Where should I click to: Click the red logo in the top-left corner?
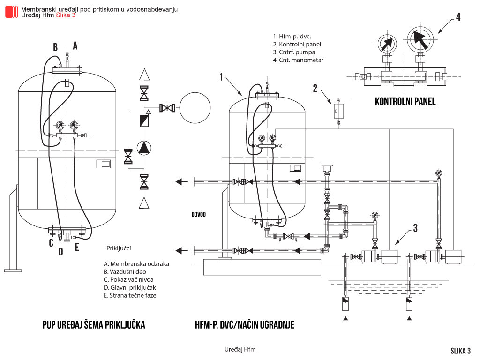point(12,12)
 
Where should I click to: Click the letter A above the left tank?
point(75,45)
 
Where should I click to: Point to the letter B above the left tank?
point(55,47)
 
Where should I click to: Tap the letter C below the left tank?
point(51,243)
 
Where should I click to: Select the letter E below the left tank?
point(77,247)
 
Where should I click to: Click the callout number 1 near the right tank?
point(221,77)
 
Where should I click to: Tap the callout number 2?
point(315,88)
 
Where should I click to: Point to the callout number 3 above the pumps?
point(415,228)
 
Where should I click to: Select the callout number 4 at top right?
point(458,17)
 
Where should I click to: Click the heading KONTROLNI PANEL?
point(405,102)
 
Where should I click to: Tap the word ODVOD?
point(199,215)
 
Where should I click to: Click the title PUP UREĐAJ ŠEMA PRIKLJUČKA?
point(94,324)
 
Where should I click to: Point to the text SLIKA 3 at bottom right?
point(460,351)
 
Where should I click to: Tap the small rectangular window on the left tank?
point(103,164)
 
